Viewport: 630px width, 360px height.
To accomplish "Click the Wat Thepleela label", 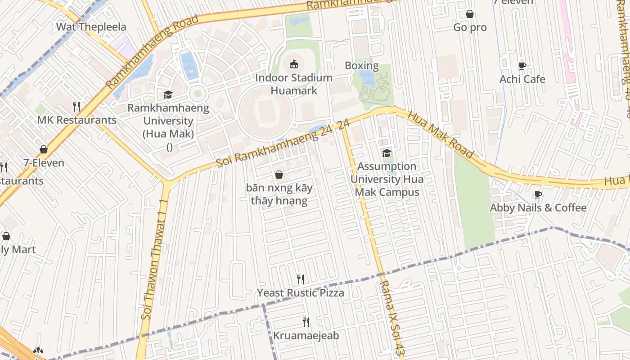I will point(91,27).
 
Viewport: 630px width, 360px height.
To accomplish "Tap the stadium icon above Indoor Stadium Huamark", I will point(294,64).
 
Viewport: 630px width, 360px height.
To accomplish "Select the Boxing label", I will point(361,66).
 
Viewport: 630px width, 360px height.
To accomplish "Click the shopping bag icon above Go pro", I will point(470,14).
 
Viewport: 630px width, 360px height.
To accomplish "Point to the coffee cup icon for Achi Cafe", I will point(522,66).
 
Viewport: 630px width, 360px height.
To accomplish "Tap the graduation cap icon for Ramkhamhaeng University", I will point(168,94).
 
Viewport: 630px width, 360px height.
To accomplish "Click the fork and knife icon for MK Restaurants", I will point(76,107).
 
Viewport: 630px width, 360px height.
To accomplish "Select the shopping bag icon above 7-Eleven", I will point(44,149).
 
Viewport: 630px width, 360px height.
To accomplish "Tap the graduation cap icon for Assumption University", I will point(387,153).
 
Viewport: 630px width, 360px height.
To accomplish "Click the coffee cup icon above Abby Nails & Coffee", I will point(538,194).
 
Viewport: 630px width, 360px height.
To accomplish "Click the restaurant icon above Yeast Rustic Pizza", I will point(301,279).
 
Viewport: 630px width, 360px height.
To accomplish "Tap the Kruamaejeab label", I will point(306,336).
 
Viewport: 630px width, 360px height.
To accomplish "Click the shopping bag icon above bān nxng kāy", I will point(279,175).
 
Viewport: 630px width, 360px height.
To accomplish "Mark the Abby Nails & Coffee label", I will point(538,208).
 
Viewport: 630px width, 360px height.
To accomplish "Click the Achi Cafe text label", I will point(522,79).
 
